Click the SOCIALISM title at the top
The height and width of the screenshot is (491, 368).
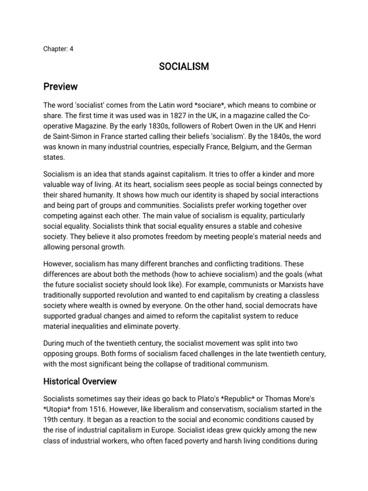point(184,67)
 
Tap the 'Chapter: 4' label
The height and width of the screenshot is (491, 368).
point(58,48)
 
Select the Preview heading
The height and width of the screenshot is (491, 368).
point(60,87)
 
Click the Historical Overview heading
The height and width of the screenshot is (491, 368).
point(80,381)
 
